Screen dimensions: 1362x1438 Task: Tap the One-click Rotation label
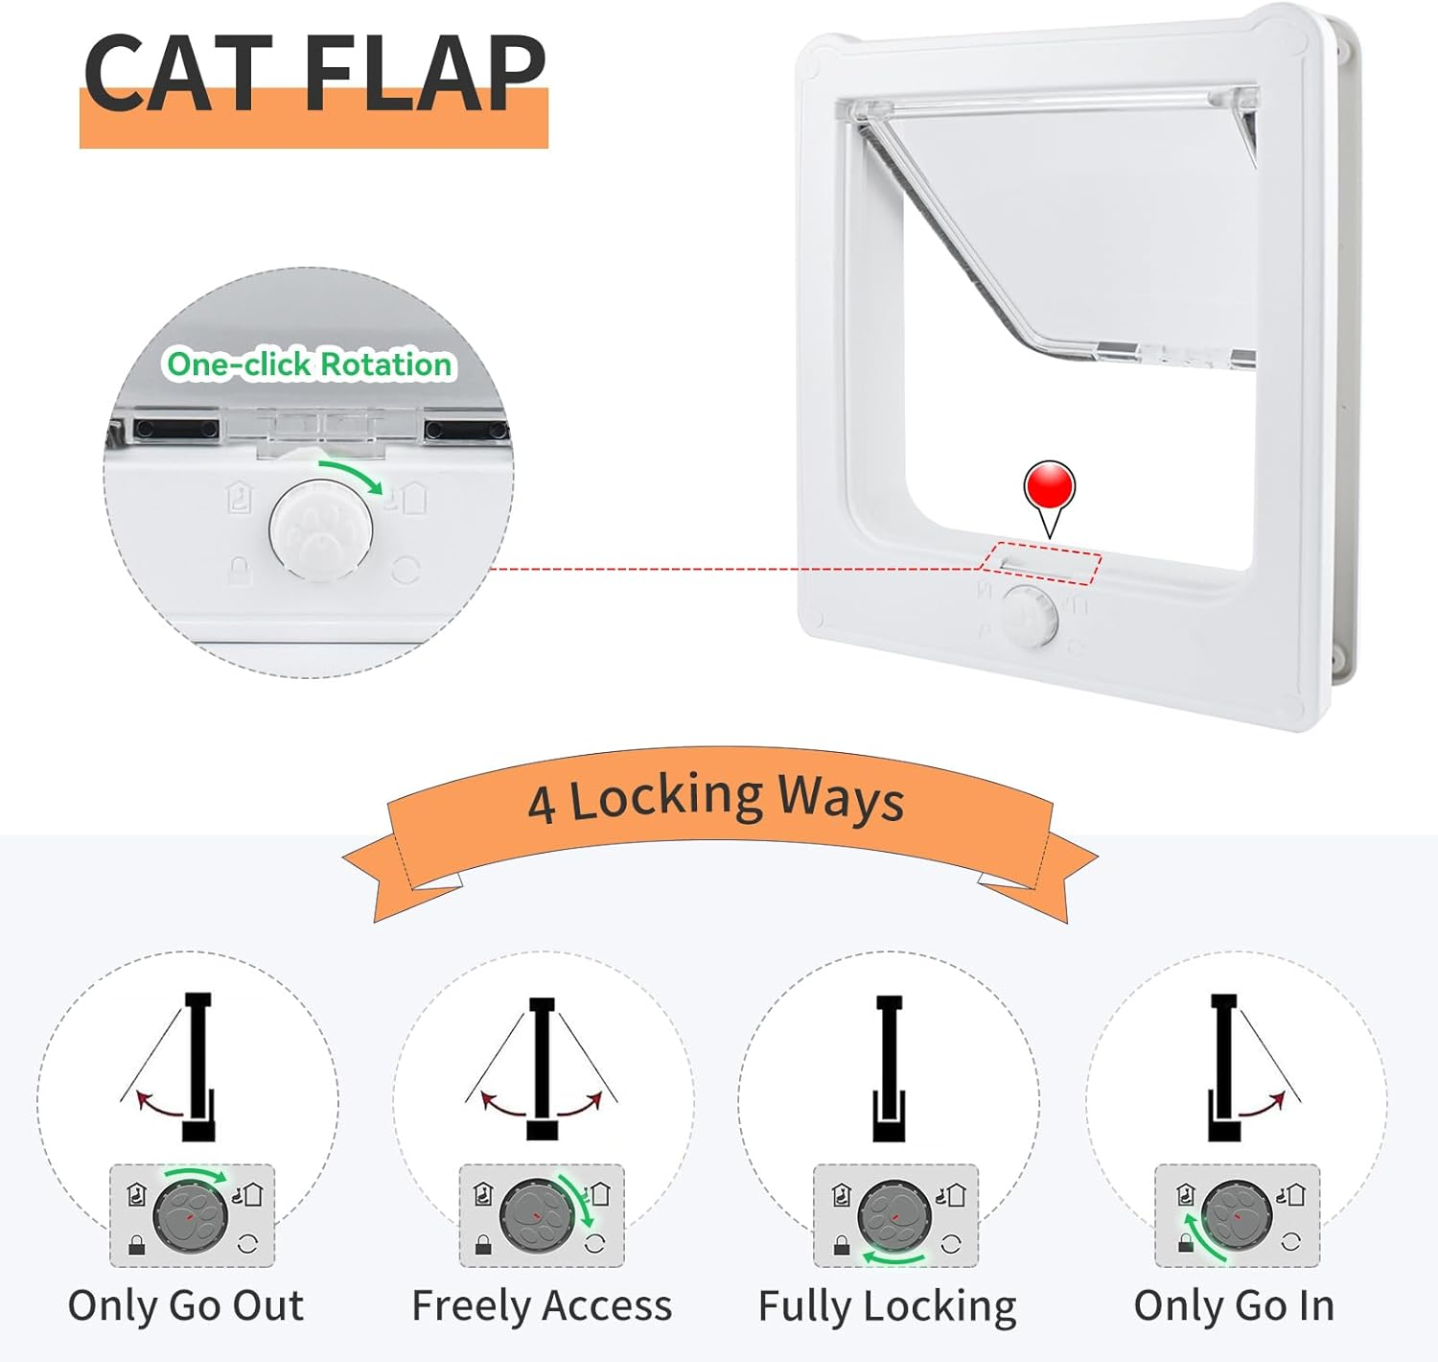point(309,364)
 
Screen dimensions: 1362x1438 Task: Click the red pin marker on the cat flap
point(1050,486)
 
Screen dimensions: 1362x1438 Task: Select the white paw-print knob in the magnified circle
point(321,530)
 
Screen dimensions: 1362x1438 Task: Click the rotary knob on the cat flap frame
point(1029,616)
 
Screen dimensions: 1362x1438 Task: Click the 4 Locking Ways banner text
point(715,799)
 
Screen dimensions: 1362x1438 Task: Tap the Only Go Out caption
point(186,1305)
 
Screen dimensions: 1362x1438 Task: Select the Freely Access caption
point(542,1305)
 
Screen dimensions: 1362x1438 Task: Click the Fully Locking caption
point(887,1306)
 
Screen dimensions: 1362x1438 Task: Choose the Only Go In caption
point(1234,1305)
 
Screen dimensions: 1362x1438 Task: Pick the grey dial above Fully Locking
point(893,1215)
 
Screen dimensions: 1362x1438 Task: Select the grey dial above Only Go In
point(1237,1215)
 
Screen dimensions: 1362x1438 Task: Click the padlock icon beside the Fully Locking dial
point(842,1245)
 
